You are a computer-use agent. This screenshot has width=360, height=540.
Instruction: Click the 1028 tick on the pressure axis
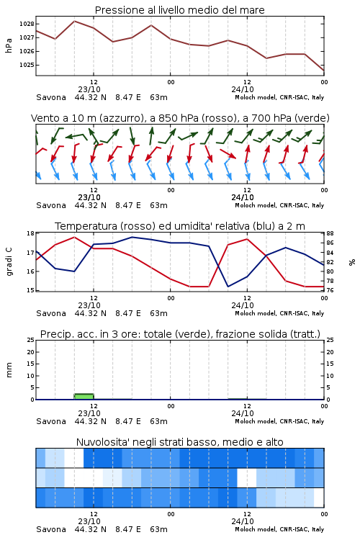[27, 24]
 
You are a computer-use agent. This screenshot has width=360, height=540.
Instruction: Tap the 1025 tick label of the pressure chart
[27, 65]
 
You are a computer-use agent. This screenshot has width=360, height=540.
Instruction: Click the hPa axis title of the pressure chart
[9, 45]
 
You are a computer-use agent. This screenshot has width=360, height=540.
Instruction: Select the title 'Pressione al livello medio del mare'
[180, 10]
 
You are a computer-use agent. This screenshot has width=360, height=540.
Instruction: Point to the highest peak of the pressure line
[74, 21]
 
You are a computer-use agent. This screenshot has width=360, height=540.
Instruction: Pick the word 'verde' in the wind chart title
[311, 118]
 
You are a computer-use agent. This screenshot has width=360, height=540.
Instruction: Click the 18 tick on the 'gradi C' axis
[30, 233]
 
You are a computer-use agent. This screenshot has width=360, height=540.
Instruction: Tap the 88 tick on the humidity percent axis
[330, 233]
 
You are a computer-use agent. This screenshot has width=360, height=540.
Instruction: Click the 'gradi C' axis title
[9, 261]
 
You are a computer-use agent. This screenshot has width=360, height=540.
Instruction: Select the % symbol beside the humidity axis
[352, 262]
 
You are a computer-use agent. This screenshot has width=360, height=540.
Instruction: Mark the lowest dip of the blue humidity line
[228, 287]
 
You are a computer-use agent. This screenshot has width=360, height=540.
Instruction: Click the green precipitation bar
[84, 397]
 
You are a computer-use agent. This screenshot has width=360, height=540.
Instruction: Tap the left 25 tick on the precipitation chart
[30, 341]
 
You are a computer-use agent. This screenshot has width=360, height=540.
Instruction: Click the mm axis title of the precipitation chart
[9, 370]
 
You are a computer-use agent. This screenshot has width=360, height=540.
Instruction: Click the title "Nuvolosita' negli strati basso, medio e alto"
[180, 442]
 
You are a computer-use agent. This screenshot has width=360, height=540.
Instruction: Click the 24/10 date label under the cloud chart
[243, 521]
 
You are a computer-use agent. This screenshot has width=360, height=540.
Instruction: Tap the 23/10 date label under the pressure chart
[89, 89]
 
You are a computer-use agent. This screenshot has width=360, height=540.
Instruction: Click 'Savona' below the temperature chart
[51, 313]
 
